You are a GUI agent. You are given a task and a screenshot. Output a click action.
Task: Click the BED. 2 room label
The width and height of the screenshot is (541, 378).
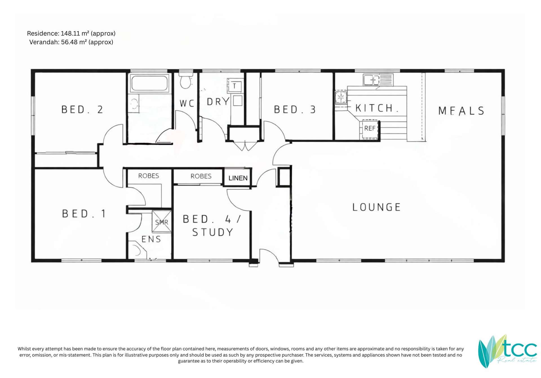[82, 110]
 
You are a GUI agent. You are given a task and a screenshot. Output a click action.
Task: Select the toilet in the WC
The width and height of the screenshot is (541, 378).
[185, 81]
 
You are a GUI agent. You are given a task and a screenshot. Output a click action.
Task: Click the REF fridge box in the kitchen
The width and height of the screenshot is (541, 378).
[370, 129]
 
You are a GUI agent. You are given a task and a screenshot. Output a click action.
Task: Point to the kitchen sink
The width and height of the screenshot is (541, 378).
[371, 80]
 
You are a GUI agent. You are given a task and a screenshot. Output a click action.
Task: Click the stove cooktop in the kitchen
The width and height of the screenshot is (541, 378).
[341, 97]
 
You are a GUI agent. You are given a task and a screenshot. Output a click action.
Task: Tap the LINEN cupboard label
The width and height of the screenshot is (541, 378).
[238, 178]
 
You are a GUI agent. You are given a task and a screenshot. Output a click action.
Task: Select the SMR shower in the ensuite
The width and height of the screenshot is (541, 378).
[162, 222]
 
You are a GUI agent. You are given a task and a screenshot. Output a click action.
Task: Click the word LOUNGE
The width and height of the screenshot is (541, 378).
[376, 207]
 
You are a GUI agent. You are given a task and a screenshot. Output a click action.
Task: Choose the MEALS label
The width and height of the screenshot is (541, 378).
[461, 111]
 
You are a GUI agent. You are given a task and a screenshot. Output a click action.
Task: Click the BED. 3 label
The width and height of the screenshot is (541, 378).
[295, 110]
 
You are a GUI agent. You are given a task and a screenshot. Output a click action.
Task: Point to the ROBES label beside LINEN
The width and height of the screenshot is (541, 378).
[201, 176]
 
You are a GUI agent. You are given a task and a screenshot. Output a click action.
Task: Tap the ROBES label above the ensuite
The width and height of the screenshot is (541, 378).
[148, 176]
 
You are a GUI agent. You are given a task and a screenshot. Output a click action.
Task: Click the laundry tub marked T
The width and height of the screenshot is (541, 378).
[234, 86]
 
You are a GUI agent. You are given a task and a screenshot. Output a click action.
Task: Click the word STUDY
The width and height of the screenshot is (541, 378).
[213, 232]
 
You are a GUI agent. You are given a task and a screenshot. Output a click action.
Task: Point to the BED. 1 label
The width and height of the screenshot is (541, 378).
[84, 214]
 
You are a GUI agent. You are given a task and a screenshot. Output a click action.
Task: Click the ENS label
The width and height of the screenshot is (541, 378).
[151, 239]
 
